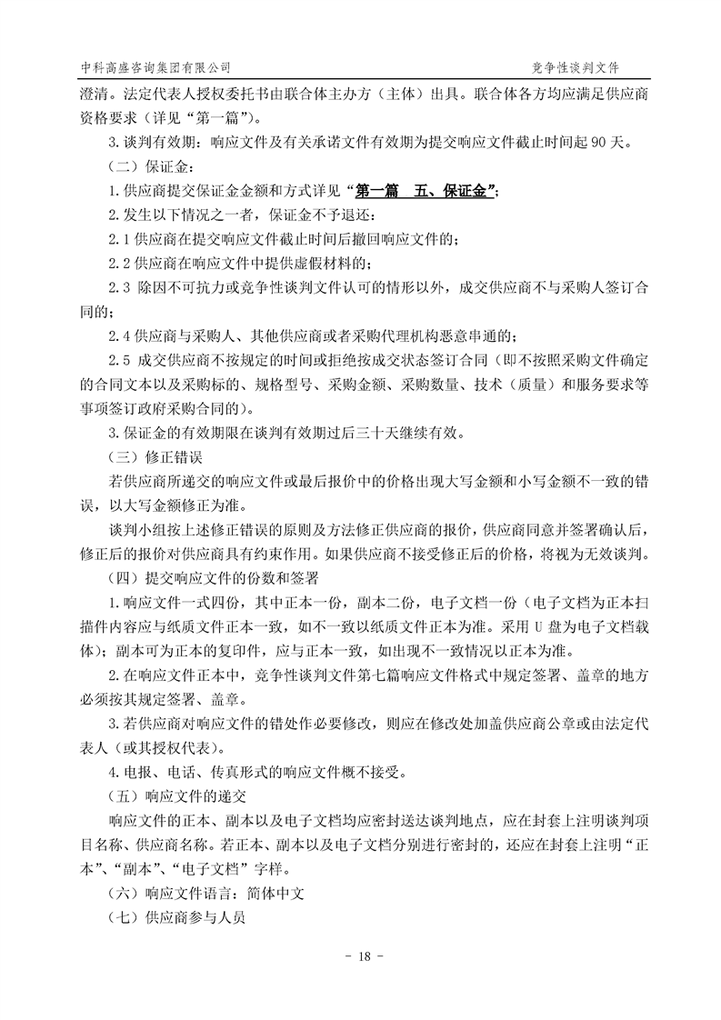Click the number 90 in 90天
point(578,143)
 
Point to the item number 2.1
point(119,239)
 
